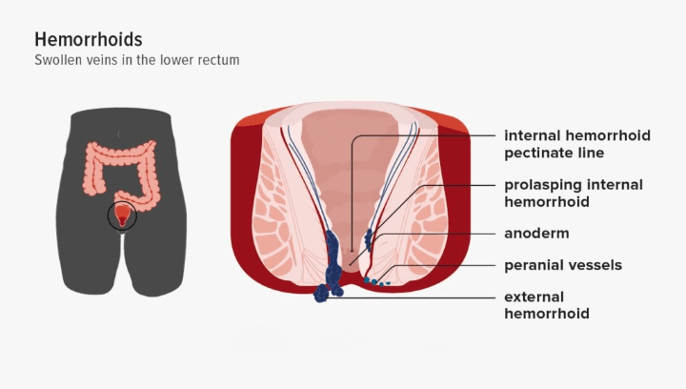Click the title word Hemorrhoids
(x=89, y=40)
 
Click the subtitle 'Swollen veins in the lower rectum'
(x=136, y=60)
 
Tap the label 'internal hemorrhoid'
(x=577, y=135)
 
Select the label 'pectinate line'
(x=555, y=153)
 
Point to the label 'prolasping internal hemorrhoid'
(x=574, y=193)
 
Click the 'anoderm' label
(x=536, y=234)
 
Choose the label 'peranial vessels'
(x=563, y=265)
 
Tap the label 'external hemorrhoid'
(x=547, y=305)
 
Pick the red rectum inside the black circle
(x=122, y=217)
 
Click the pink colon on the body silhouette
(x=95, y=172)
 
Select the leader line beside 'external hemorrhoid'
(x=429, y=297)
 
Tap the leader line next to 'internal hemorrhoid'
(x=429, y=135)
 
